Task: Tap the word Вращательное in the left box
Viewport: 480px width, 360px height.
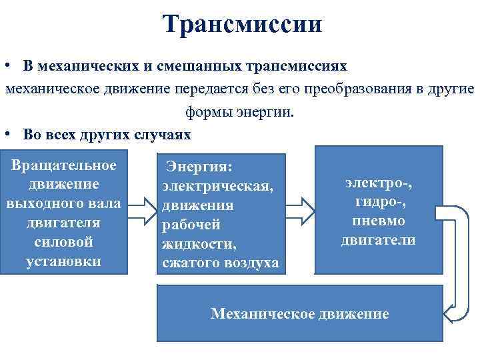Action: (64, 165)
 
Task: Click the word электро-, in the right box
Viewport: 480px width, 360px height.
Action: (379, 181)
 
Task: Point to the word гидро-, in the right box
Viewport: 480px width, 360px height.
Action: (378, 201)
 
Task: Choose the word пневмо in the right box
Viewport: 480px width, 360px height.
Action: (378, 220)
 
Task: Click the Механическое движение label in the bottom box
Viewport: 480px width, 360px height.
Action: (299, 313)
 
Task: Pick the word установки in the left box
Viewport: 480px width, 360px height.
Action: (63, 261)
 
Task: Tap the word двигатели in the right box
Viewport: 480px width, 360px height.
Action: (378, 240)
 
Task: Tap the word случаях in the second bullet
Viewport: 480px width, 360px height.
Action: (165, 134)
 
